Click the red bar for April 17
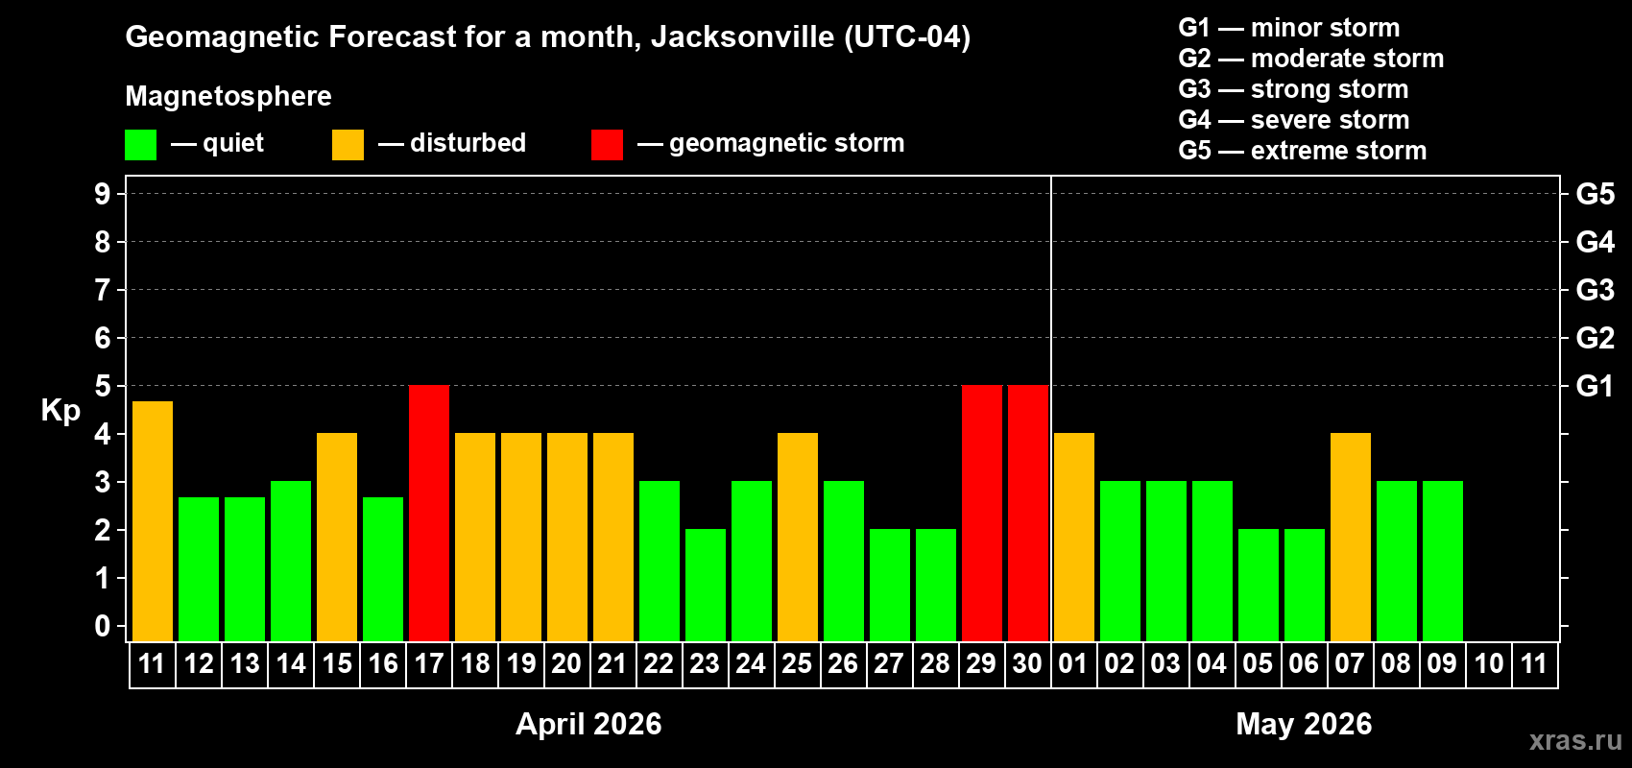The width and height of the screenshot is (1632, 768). pyautogui.click(x=429, y=514)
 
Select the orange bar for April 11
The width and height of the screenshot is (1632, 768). pyautogui.click(x=153, y=521)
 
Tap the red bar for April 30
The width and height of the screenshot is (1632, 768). pyautogui.click(x=1028, y=514)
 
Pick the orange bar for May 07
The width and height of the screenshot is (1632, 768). pyautogui.click(x=1351, y=538)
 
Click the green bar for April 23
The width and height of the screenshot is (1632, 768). pyautogui.click(x=706, y=586)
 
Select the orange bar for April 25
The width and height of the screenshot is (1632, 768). pyautogui.click(x=798, y=538)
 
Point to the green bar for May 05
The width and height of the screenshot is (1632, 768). pyautogui.click(x=1259, y=586)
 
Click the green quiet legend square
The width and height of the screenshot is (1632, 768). pyautogui.click(x=141, y=145)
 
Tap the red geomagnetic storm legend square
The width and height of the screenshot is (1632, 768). pyautogui.click(x=607, y=145)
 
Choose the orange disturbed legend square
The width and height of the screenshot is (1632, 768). pyautogui.click(x=348, y=145)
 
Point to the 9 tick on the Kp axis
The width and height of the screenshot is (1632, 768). pyautogui.click(x=103, y=194)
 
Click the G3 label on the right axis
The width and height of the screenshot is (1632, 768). pyautogui.click(x=1595, y=290)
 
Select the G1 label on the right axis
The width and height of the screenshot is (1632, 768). pyautogui.click(x=1595, y=386)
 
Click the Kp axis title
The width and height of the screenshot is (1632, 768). pyautogui.click(x=60, y=410)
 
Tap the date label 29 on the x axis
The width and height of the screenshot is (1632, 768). pyautogui.click(x=981, y=664)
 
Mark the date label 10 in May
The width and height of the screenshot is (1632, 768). pyautogui.click(x=1489, y=664)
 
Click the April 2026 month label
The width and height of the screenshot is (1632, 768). pyautogui.click(x=588, y=724)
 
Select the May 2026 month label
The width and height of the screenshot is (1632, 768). pyautogui.click(x=1304, y=724)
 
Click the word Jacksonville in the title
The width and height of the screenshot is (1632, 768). pyautogui.click(x=742, y=37)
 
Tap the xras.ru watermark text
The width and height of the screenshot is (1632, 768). pyautogui.click(x=1574, y=740)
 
